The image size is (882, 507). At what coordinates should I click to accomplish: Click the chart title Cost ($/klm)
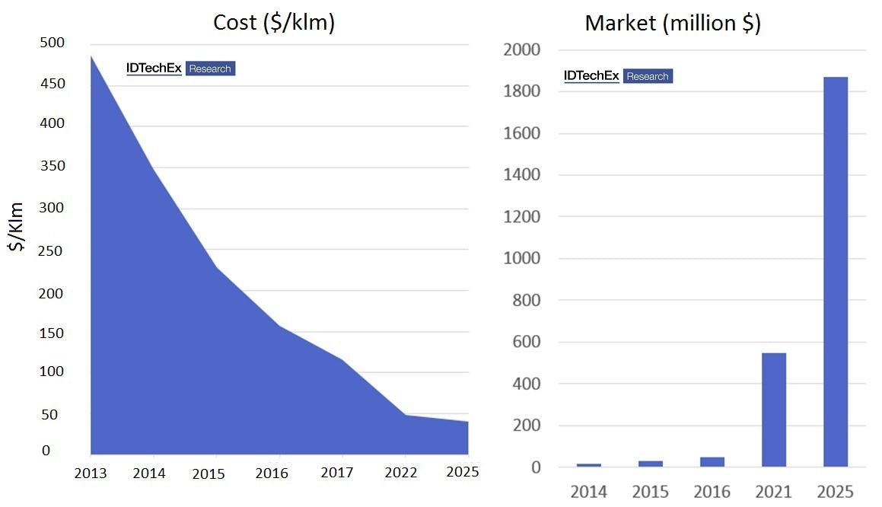pos(274,22)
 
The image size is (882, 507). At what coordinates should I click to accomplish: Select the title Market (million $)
pos(673,23)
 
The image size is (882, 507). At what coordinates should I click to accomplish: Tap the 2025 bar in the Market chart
pos(835,272)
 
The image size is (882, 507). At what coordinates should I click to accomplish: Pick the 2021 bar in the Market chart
pos(773,410)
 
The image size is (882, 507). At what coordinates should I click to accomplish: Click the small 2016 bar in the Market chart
pos(712,462)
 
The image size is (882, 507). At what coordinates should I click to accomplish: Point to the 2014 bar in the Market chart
pos(588,464)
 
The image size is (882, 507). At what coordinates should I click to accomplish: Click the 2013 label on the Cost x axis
pos(91,473)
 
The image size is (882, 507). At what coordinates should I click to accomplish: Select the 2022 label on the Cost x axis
pos(401,473)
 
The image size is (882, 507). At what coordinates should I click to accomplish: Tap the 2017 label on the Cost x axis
pos(336,473)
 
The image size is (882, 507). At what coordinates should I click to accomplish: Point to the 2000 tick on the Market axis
pos(521,50)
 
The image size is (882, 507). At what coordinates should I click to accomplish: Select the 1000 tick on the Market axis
pos(521,259)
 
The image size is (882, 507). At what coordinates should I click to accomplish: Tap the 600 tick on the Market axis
pos(524,343)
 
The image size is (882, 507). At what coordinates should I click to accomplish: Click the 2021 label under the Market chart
pos(773,492)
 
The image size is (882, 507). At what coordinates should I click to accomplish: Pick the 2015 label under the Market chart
pos(650,492)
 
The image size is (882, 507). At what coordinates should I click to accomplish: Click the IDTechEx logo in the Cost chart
pos(154,69)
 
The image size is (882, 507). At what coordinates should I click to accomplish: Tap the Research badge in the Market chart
pos(648,76)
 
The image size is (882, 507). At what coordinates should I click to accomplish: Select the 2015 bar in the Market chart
pos(650,463)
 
